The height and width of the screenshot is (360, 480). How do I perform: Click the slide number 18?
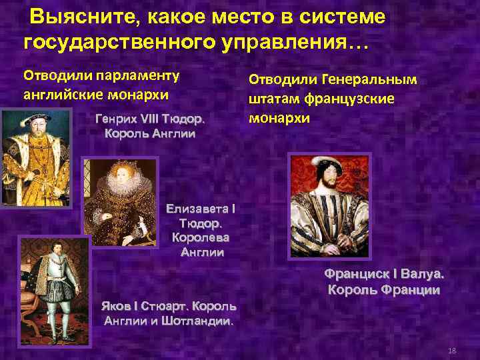pyautogui.click(x=452, y=351)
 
